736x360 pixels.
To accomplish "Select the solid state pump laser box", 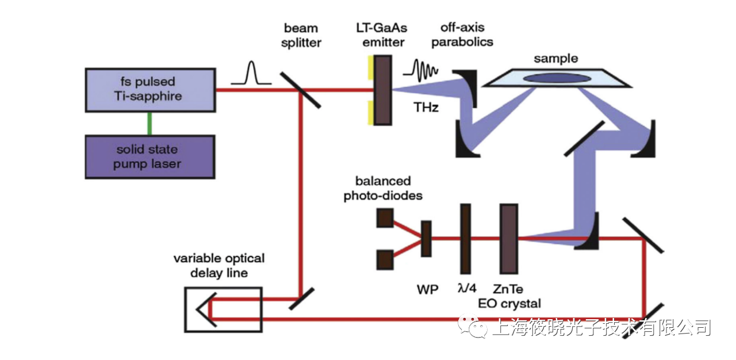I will [149, 156].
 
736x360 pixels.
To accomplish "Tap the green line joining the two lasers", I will [150, 123].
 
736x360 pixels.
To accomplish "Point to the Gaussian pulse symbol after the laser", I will [251, 75].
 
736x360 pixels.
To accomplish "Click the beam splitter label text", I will [302, 35].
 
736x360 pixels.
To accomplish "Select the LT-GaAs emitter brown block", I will [384, 90].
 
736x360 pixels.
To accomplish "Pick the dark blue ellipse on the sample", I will [555, 78].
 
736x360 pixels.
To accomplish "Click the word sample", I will [555, 59].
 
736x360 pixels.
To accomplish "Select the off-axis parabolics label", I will [462, 35].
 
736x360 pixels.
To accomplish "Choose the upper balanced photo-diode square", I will [385, 219].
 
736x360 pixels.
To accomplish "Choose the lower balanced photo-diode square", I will [385, 259].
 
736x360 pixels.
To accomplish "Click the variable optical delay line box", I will [223, 309].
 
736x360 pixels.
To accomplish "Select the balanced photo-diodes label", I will [383, 189].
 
